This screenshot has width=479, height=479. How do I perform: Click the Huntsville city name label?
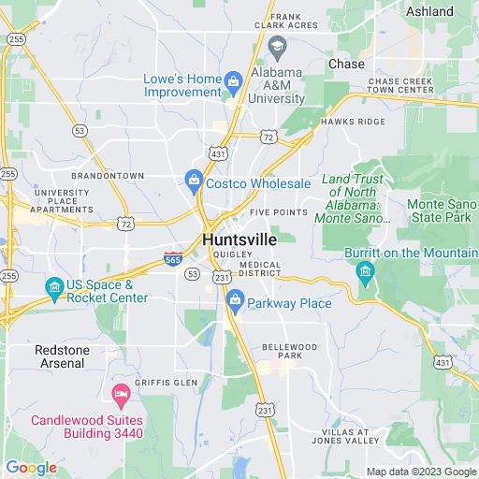[x=239, y=240]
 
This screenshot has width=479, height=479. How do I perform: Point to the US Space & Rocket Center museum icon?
[x=55, y=285]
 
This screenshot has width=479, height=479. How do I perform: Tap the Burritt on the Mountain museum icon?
[x=366, y=271]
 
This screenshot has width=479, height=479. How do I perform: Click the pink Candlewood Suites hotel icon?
[x=120, y=393]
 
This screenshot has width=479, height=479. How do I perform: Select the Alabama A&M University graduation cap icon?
[x=277, y=47]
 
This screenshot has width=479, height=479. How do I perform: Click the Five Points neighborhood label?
[x=279, y=212]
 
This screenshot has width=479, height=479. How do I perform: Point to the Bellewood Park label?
[x=289, y=351]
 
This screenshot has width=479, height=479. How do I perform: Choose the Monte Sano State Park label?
[x=443, y=210]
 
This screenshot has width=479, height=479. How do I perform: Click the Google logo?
[x=31, y=468]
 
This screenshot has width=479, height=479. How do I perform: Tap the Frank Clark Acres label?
[x=294, y=21]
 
